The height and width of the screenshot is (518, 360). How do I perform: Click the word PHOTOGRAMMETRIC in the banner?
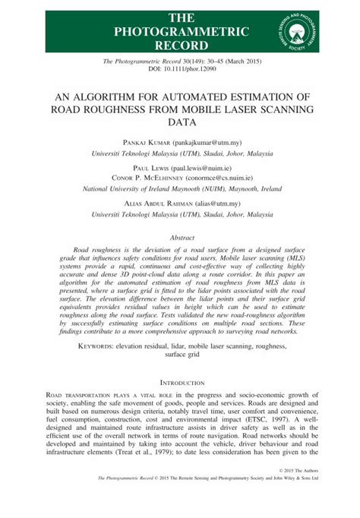click(x=180, y=31)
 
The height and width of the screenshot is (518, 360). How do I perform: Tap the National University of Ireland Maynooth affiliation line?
click(x=180, y=191)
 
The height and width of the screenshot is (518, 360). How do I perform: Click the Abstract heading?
click(x=180, y=238)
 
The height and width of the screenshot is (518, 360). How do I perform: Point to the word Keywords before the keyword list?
click(x=100, y=346)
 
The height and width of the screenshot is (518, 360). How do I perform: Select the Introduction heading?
click(x=180, y=384)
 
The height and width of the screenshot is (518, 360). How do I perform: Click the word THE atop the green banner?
click(x=180, y=17)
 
